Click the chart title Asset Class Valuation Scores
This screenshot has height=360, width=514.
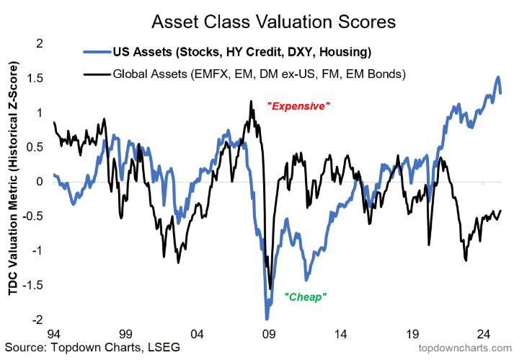tap(273, 22)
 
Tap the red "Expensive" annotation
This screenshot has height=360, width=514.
tap(298, 106)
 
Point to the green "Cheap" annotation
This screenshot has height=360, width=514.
tap(306, 297)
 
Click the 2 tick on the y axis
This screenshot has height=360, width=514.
tap(39, 43)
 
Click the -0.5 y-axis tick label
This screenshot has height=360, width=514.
tap(32, 216)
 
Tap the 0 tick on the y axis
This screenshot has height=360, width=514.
tap(39, 181)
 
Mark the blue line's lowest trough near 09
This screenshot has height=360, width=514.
tap(266, 319)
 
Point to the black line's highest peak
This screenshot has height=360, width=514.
tap(250, 102)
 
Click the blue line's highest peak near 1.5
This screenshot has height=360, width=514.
tap(497, 77)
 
